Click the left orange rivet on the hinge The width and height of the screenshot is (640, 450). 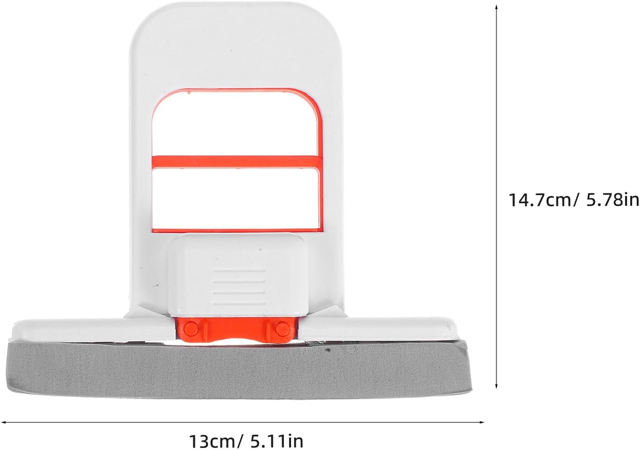[191, 329]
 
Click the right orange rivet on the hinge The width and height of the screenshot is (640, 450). [282, 329]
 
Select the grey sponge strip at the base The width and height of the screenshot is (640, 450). [239, 371]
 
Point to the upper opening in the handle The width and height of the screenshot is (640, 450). [235, 124]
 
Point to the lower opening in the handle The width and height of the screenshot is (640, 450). [235, 199]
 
